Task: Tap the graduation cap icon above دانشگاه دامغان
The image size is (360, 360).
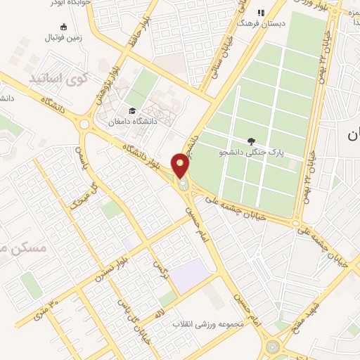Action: point(131,110)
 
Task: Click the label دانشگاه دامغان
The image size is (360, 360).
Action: point(131,122)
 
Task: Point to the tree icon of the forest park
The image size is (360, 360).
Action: point(251,141)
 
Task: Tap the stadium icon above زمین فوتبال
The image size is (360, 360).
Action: point(65,27)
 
